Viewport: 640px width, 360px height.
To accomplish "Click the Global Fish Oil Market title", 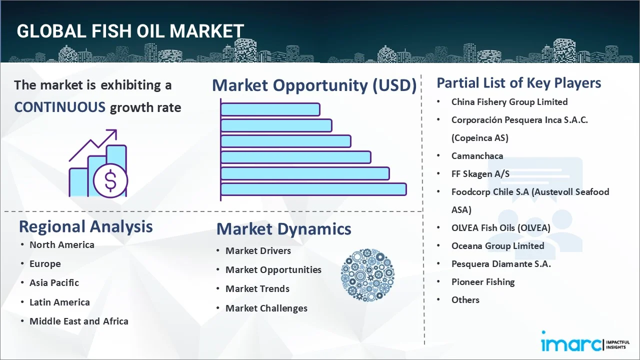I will point(130,31).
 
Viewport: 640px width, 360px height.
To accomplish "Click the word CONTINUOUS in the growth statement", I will point(59,107).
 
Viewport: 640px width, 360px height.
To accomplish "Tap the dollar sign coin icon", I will point(110,181).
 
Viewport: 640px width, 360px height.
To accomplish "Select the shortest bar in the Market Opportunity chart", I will point(270,109).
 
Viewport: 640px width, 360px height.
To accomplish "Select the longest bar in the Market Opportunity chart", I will point(313,189).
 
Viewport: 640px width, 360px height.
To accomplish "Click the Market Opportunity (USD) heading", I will point(314,85).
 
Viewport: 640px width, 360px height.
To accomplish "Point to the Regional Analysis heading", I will point(85,226).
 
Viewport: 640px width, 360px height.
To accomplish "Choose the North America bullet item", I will point(61,244).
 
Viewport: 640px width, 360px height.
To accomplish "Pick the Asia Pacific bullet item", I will point(54,282).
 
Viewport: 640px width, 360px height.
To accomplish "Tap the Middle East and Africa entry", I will point(78,321).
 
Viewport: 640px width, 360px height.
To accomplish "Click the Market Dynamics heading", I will point(283,229).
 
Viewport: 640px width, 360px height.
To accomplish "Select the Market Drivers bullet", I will point(258,250).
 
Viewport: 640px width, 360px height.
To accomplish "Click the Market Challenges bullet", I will point(266,308).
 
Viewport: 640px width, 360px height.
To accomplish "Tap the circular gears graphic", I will point(367,275).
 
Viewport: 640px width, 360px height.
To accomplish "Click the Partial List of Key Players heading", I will point(518,82).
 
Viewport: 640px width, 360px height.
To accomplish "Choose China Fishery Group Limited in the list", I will point(509,102).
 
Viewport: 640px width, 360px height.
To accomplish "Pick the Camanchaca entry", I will point(477,156).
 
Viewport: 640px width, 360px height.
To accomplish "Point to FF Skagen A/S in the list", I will point(480,174).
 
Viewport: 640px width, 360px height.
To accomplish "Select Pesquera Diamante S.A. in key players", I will point(500,264).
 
